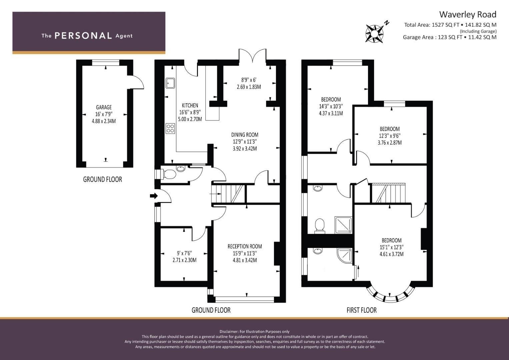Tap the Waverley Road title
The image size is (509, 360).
(468, 14)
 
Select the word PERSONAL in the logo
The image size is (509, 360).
(83, 36)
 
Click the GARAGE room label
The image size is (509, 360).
(104, 107)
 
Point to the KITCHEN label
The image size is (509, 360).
(190, 105)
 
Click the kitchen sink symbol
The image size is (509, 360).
(170, 83)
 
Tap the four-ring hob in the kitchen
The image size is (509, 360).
(170, 128)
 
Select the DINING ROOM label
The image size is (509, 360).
(245, 135)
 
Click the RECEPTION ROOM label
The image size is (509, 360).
(245, 246)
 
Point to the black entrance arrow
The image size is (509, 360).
(154, 196)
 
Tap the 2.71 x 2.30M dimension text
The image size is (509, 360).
(185, 260)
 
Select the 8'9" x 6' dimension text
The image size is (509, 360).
(249, 80)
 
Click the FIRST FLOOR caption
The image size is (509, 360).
(362, 310)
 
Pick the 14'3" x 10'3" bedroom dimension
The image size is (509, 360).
(331, 106)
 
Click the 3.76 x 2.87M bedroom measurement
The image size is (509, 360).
(390, 143)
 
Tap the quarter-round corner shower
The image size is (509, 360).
(345, 256)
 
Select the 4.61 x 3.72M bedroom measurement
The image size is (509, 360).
(392, 254)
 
